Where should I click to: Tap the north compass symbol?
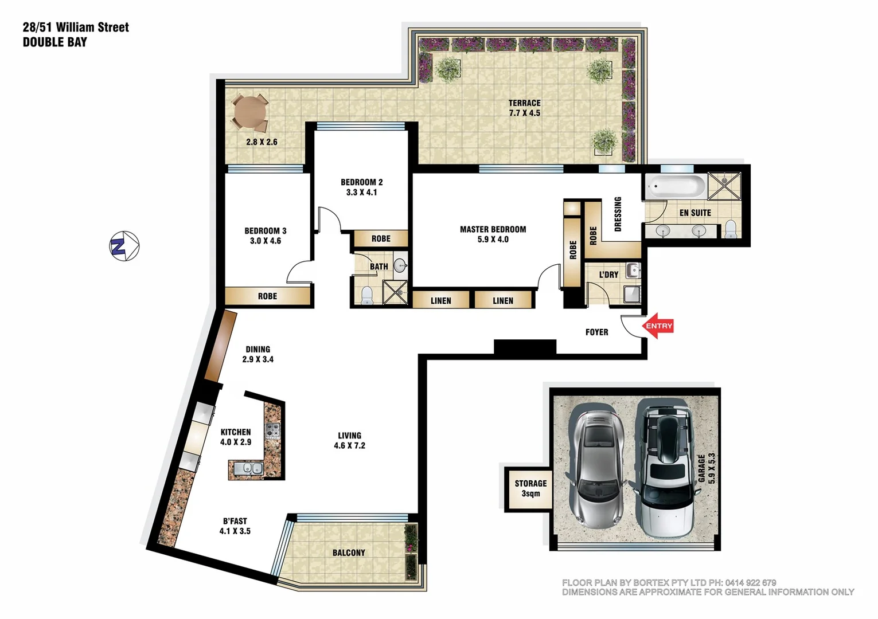[x=124, y=246]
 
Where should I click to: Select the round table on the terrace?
[x=249, y=112]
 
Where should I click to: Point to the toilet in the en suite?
[x=731, y=229]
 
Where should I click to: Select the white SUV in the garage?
[x=665, y=467]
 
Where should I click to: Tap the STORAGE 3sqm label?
[x=530, y=488]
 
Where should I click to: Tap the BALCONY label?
[x=349, y=553]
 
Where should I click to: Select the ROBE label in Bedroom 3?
[x=267, y=296]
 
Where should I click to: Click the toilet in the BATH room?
[x=367, y=295]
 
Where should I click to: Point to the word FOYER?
[x=596, y=332]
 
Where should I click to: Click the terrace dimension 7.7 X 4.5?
[x=524, y=113]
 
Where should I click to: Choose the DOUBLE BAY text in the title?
[x=55, y=42]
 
